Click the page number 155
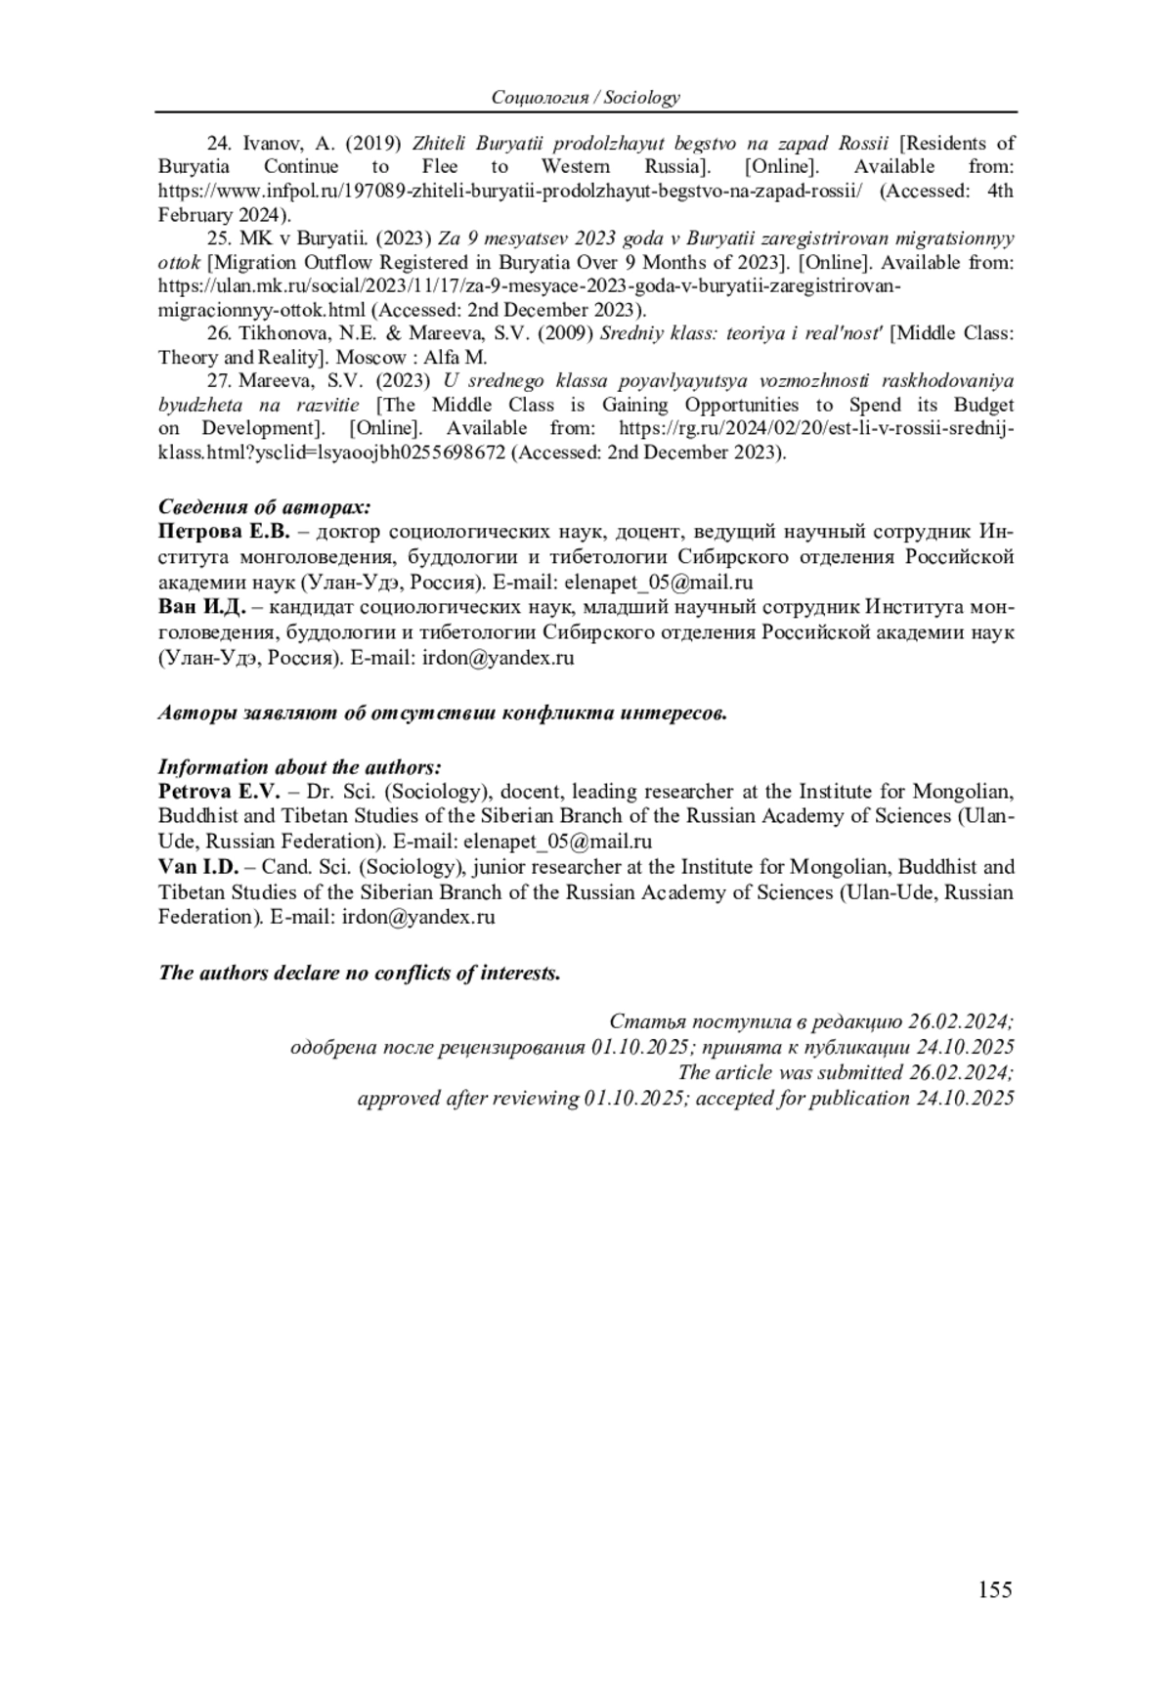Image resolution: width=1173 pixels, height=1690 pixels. pos(993,1590)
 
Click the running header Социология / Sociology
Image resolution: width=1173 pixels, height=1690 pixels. pos(586,97)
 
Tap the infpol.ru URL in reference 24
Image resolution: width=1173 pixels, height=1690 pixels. pos(510,192)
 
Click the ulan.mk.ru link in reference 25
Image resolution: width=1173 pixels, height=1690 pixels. pos(528,286)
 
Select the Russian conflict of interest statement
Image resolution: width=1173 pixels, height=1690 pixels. pos(443,713)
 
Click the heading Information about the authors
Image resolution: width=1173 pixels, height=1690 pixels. pos(300,766)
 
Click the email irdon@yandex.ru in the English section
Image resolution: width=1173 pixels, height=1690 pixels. pos(418,917)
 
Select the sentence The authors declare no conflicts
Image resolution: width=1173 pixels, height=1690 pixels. pos(360,974)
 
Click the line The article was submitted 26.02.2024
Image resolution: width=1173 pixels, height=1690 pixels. pos(846,1072)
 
